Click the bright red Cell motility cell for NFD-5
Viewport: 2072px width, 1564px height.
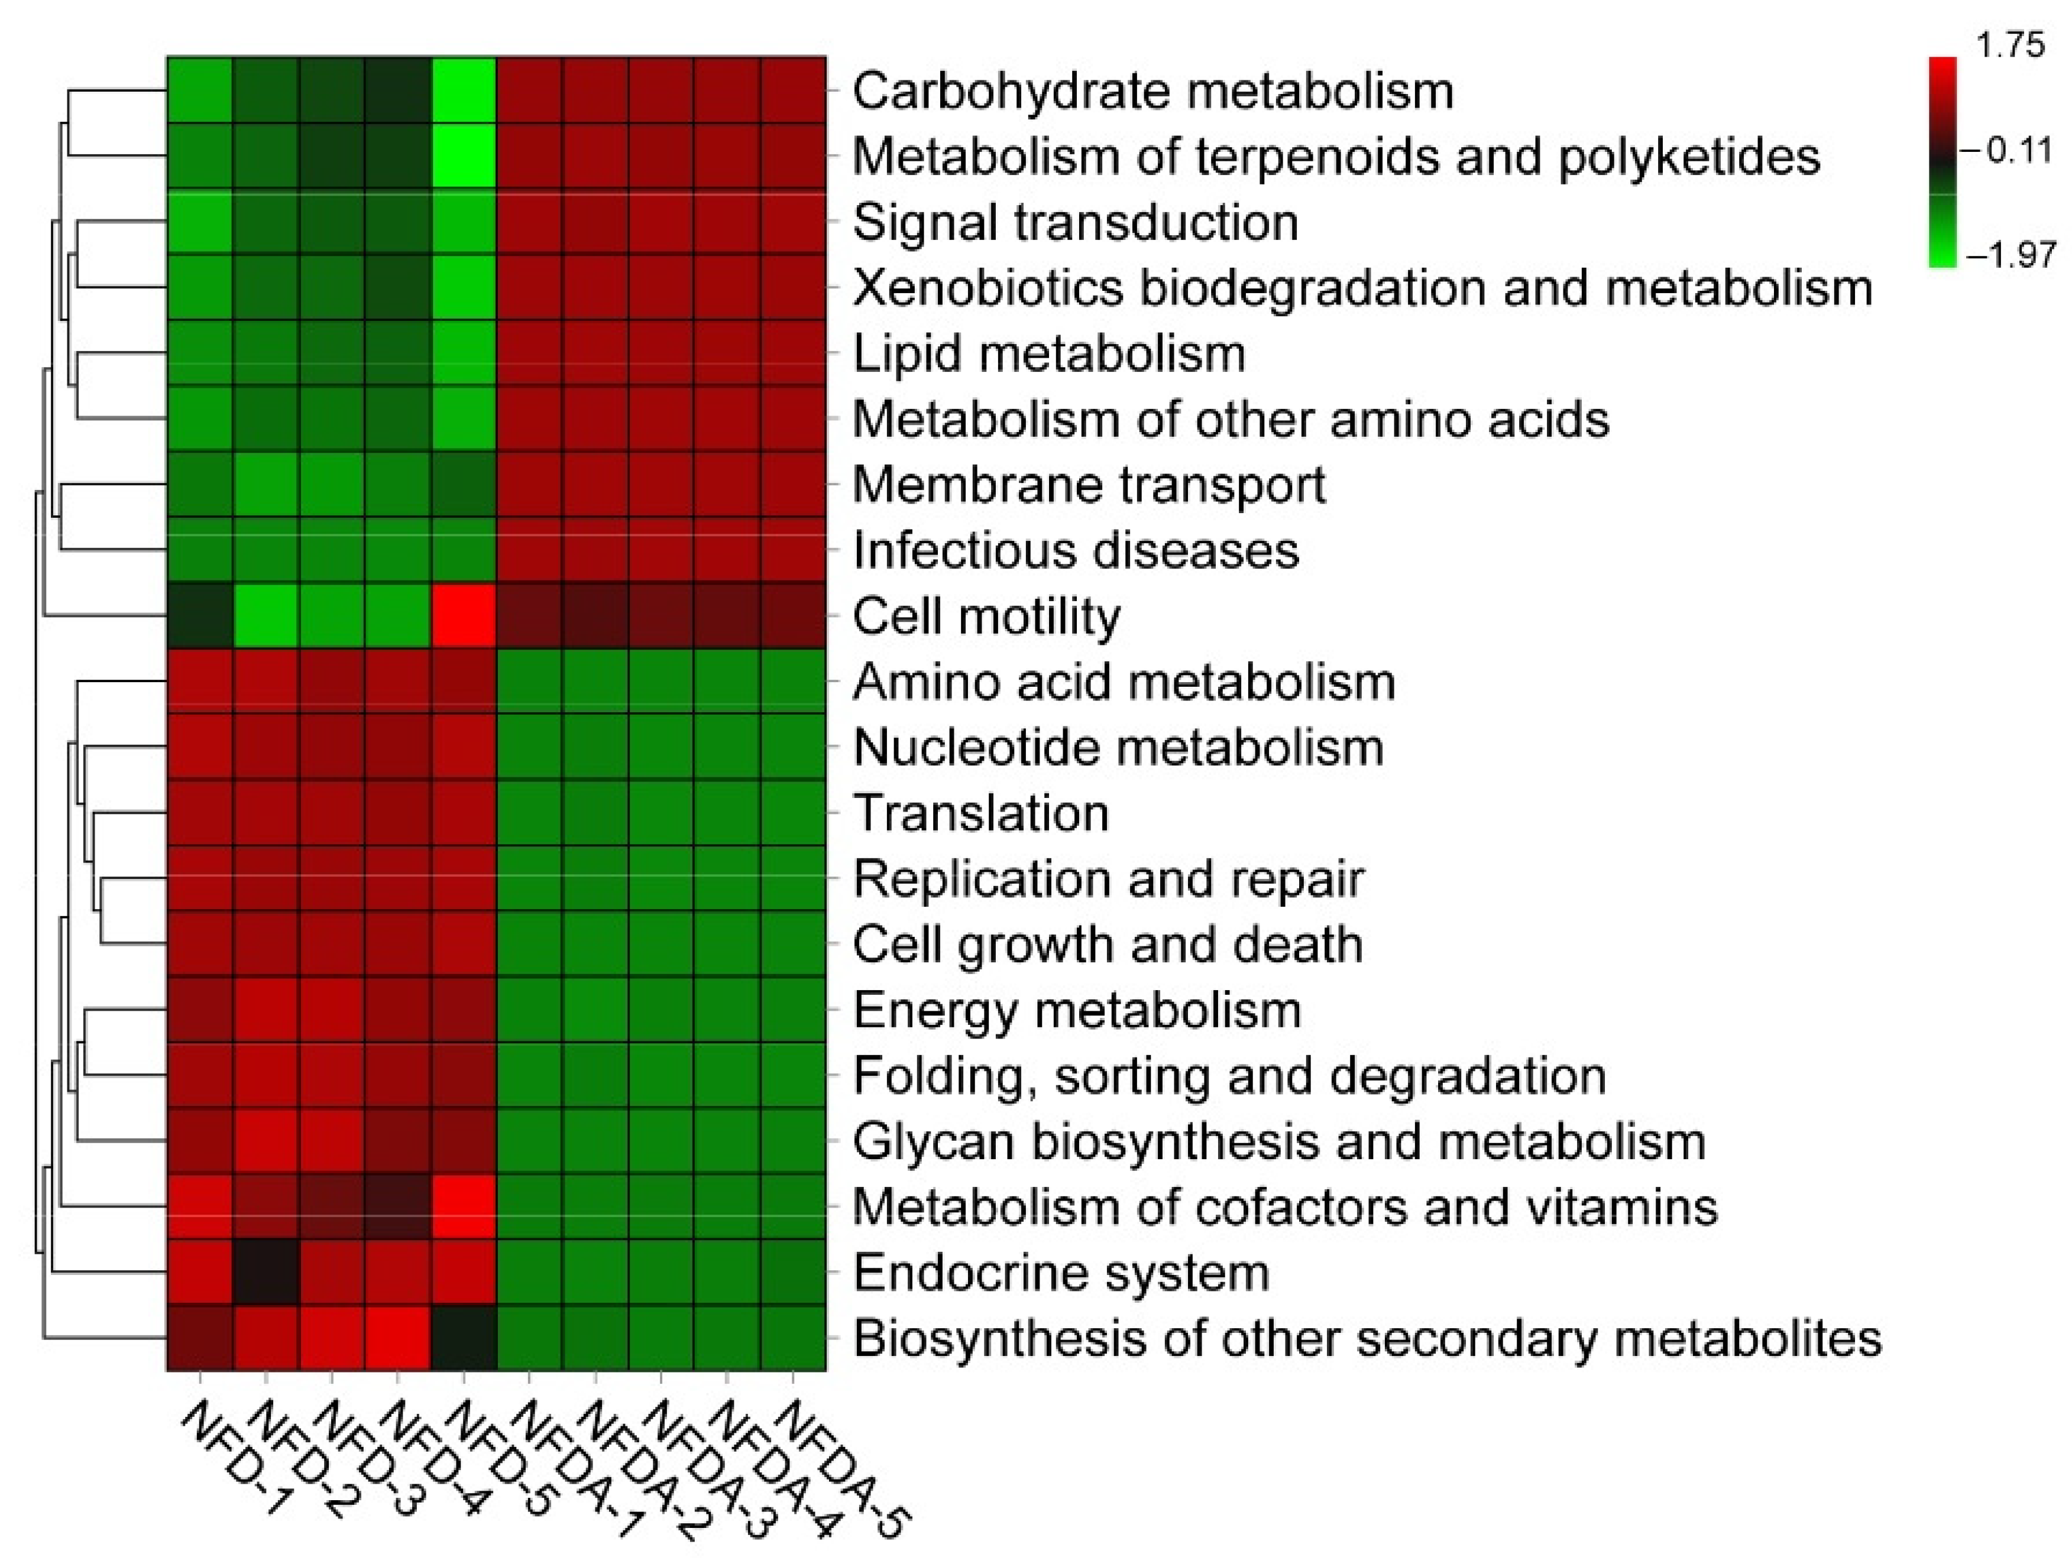tap(464, 615)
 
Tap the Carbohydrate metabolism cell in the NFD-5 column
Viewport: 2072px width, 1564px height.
tap(464, 91)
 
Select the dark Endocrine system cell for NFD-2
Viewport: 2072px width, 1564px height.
tap(266, 1272)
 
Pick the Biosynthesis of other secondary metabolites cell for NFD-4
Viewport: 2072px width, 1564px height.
tap(398, 1338)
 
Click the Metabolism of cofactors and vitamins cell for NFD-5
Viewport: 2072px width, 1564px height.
tap(464, 1206)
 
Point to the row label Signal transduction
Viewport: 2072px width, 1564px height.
tap(1076, 223)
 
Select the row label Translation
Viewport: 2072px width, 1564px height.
tap(981, 813)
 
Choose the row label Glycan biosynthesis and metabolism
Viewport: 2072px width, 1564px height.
tap(1278, 1141)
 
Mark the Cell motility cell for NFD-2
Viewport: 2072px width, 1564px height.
tap(266, 615)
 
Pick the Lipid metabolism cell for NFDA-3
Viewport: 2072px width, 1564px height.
tap(661, 353)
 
